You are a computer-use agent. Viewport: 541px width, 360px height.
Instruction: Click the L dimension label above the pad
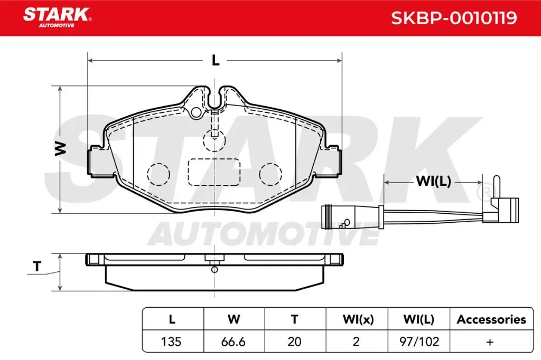tap(215, 61)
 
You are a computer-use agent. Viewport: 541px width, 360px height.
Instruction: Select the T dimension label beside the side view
tap(36, 267)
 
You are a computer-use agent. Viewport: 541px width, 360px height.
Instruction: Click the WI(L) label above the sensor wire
tap(433, 182)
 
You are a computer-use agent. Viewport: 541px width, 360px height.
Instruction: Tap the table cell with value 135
tap(172, 342)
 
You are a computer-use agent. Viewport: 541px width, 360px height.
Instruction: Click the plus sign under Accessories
tap(490, 342)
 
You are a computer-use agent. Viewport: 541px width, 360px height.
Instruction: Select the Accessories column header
tap(491, 319)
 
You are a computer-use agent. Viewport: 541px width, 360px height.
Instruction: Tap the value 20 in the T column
tap(294, 342)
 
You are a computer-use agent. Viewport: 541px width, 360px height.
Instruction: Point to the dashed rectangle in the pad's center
tap(214, 172)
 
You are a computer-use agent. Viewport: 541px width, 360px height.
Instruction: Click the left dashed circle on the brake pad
tap(158, 173)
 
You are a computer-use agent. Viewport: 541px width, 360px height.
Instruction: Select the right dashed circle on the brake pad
tap(271, 173)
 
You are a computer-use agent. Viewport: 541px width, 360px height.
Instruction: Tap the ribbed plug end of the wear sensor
tap(331, 217)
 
